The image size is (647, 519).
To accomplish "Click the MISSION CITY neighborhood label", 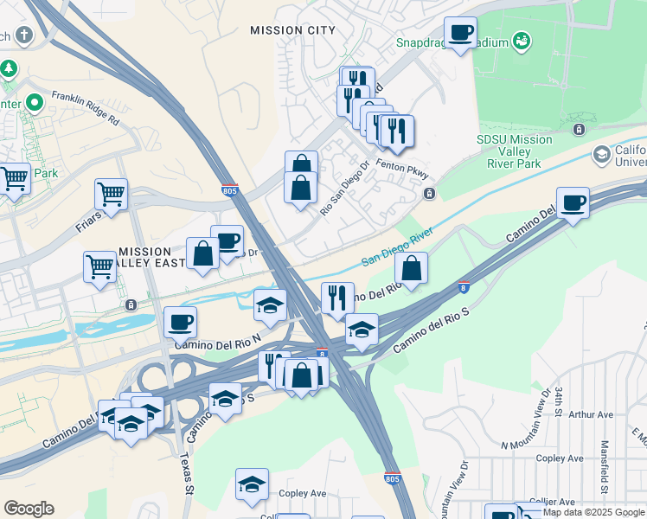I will tap(292, 30).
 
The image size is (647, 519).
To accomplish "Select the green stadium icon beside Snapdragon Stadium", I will tap(521, 40).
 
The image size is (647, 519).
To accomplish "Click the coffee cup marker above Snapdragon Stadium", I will tap(460, 34).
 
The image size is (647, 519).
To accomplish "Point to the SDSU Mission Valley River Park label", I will tap(514, 151).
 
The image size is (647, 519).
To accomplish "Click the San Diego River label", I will tap(396, 247).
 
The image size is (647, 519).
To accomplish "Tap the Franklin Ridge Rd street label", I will tap(85, 109).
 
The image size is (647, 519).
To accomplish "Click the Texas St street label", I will tap(186, 472).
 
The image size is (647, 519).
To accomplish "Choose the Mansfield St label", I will tap(603, 464).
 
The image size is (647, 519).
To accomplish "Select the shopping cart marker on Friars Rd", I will tap(112, 195).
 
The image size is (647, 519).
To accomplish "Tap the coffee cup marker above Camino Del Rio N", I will tap(181, 323).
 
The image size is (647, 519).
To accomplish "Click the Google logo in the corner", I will tap(29, 509).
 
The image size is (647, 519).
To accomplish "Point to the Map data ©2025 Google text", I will tap(593, 512).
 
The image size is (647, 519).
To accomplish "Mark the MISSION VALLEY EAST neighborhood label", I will tap(145, 258).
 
